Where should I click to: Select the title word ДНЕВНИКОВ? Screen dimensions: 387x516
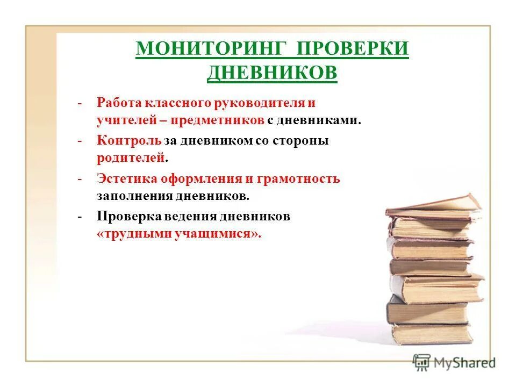(x=272, y=72)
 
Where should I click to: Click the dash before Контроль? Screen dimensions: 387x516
(x=80, y=141)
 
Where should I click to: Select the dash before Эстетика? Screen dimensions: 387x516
(x=80, y=178)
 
